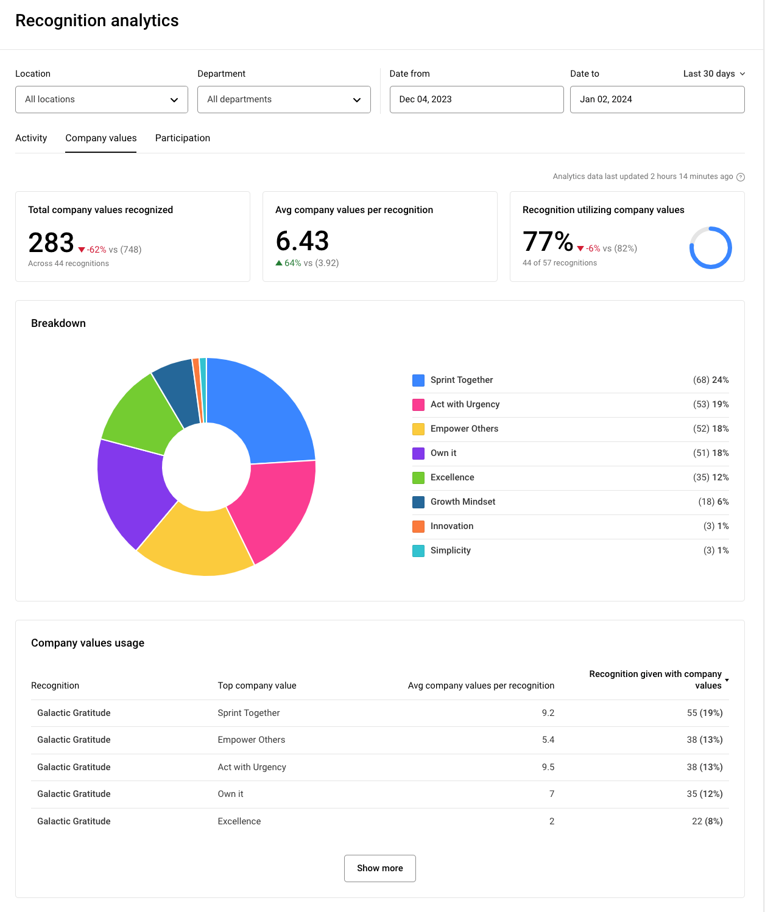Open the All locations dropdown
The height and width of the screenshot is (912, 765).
coord(101,99)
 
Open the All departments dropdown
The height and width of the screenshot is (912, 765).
coord(284,99)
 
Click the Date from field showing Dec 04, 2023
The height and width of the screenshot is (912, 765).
coord(476,99)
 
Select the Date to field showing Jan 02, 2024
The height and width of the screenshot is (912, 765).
coord(657,99)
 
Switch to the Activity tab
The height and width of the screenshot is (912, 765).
coord(31,138)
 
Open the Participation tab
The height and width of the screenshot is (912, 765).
coord(183,138)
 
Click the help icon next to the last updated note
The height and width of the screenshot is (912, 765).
coord(741,177)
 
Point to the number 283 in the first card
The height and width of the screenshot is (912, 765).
coord(51,242)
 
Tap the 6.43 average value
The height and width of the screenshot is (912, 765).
coord(302,240)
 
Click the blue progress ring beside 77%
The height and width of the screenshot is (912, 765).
coord(710,248)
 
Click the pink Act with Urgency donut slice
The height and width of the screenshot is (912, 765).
coord(274,508)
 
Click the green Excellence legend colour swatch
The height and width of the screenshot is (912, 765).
coord(418,478)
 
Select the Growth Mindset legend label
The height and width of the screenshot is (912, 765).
coord(463,502)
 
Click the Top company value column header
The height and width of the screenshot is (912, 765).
coord(257,686)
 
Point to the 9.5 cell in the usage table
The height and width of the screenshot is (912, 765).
coord(548,767)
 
